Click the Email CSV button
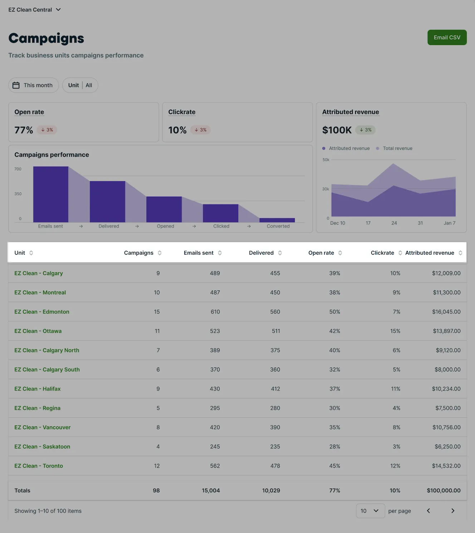(447, 37)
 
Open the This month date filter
(33, 85)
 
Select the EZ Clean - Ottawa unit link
(38, 331)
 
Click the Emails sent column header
(199, 253)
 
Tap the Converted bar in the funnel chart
(277, 220)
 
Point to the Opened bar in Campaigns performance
(164, 210)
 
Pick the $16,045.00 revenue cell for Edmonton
(446, 312)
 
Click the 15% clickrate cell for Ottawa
(395, 331)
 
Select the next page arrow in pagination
(453, 511)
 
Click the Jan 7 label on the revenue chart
(449, 223)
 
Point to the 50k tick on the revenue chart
(326, 160)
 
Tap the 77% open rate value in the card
(24, 130)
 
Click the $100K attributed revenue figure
(337, 130)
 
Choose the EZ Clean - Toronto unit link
(39, 466)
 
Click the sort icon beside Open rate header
(340, 253)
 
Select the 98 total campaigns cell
(156, 490)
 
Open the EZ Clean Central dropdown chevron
(58, 10)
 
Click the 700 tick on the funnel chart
(18, 169)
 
